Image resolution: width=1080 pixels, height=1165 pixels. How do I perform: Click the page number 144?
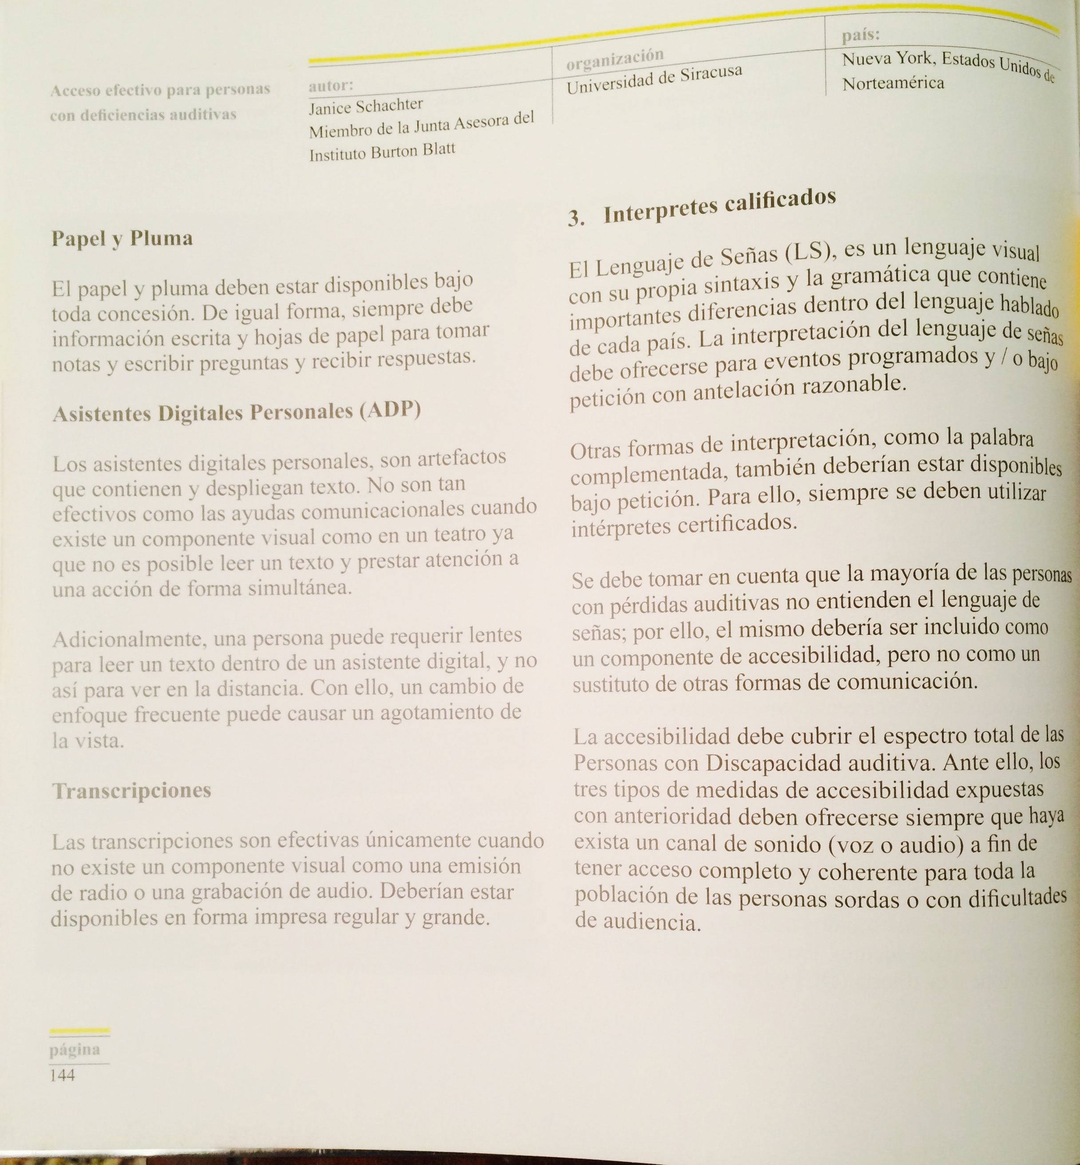pos(62,1075)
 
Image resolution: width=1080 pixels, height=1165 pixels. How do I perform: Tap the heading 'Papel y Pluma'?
pos(122,238)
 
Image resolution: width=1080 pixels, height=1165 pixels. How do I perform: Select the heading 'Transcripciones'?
pos(131,790)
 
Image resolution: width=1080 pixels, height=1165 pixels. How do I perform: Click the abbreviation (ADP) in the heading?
pos(390,411)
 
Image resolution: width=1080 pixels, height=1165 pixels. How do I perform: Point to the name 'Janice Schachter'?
pos(366,107)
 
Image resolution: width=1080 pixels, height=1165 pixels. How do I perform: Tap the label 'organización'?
pos(615,59)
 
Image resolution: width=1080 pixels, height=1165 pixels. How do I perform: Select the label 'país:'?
pos(861,35)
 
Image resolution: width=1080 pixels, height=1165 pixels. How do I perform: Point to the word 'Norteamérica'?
pos(893,83)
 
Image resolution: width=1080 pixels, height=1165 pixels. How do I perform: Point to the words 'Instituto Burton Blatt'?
pos(382,152)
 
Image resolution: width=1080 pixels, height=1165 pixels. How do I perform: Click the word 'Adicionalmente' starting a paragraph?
pos(129,639)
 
